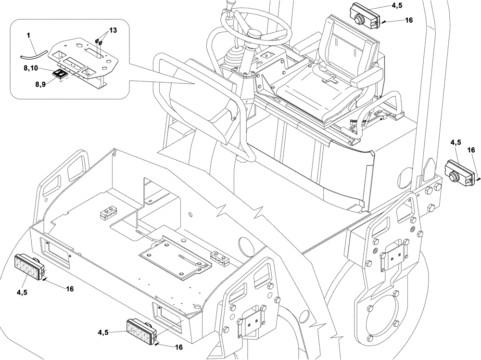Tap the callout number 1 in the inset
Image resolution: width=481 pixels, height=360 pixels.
pyautogui.click(x=28, y=36)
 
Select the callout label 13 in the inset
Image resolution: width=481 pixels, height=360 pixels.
pyautogui.click(x=113, y=30)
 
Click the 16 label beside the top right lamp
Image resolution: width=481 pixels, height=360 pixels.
pyautogui.click(x=409, y=20)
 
